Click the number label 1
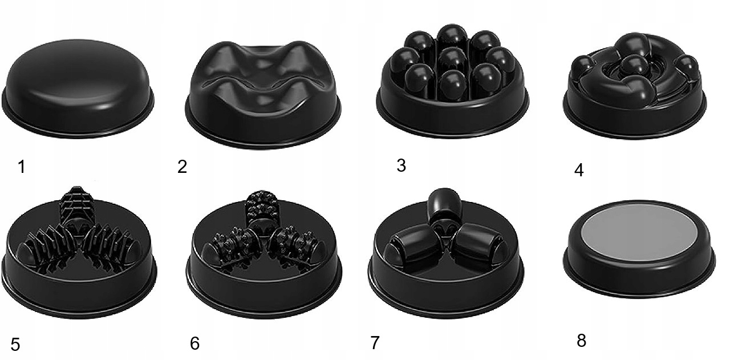pos(22,167)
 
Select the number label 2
pos(182,166)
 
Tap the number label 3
pos(401,165)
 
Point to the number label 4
pos(579,170)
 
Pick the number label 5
pos(15,345)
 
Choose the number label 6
pos(194,343)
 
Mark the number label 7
pos(375,342)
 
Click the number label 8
pos(581,341)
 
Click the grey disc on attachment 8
pos(639,233)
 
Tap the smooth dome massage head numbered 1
pos(78,88)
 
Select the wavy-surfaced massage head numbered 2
pos(263,95)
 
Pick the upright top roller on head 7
pos(445,205)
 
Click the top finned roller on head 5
pos(78,202)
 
